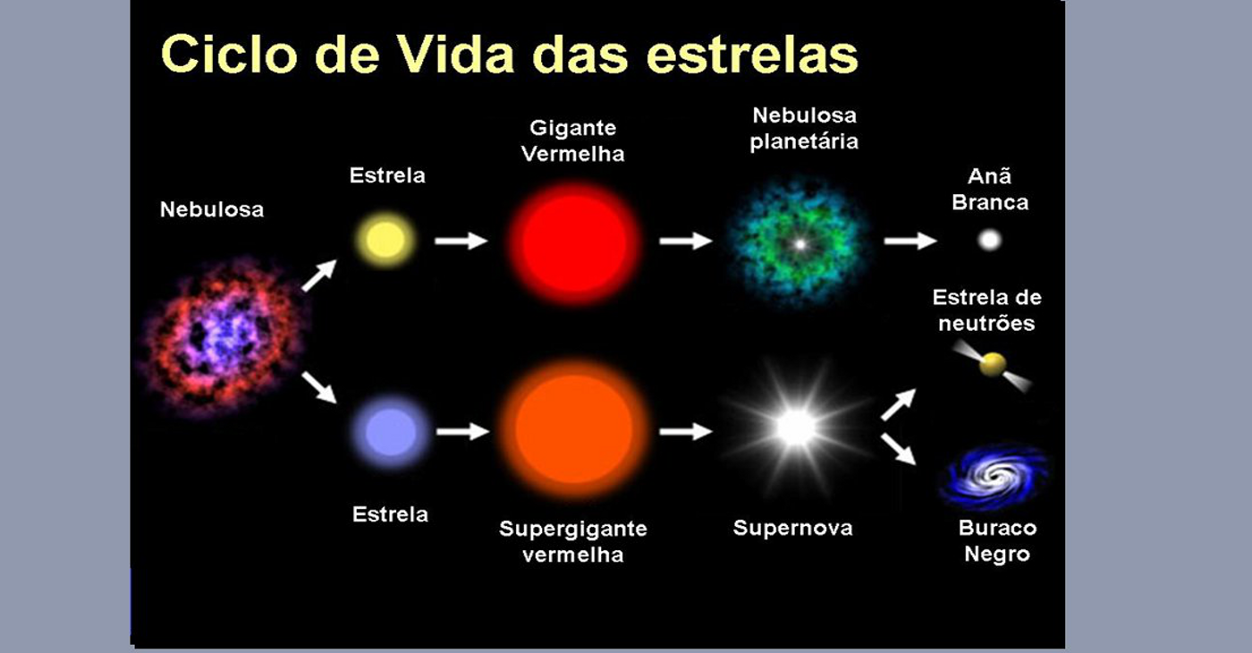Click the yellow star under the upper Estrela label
(x=385, y=240)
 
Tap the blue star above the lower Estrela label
(x=391, y=433)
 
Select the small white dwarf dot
(x=990, y=241)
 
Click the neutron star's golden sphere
(x=993, y=365)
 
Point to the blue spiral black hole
(x=994, y=476)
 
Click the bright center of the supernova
(x=796, y=428)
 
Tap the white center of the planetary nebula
(x=800, y=244)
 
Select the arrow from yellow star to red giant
(x=461, y=241)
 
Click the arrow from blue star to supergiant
(x=463, y=431)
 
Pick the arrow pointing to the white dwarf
(x=910, y=241)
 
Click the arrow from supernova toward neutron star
(x=898, y=404)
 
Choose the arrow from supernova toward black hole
(x=898, y=449)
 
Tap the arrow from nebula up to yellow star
(x=319, y=276)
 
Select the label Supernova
(x=793, y=528)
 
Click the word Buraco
(x=998, y=528)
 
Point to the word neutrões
(x=986, y=323)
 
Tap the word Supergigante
(x=573, y=529)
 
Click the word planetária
(x=804, y=141)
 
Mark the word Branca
(x=990, y=202)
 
